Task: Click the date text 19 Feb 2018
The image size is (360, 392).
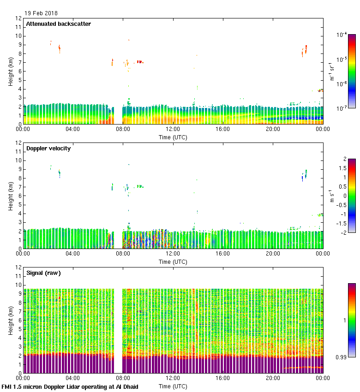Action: click(x=41, y=13)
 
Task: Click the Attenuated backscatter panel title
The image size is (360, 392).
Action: click(x=58, y=24)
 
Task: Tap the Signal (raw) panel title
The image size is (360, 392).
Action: click(x=43, y=273)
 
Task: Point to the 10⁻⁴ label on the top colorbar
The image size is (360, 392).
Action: click(x=342, y=35)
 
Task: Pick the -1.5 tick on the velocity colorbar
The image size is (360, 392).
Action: click(x=343, y=223)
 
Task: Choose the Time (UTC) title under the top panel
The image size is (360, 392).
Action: click(x=173, y=137)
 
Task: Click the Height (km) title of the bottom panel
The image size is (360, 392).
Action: click(x=10, y=321)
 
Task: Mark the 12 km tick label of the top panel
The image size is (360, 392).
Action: click(x=19, y=18)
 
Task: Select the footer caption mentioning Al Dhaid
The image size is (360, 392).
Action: click(x=70, y=386)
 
